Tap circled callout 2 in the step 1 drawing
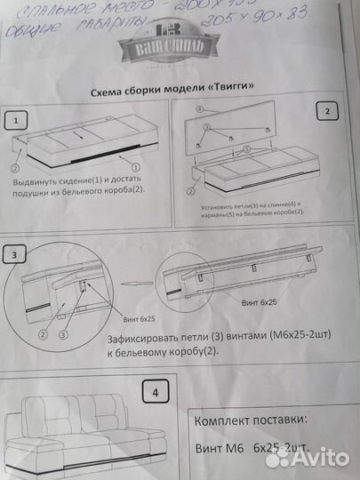[16, 165]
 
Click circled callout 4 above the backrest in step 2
[200, 109]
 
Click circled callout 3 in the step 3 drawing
[63, 335]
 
